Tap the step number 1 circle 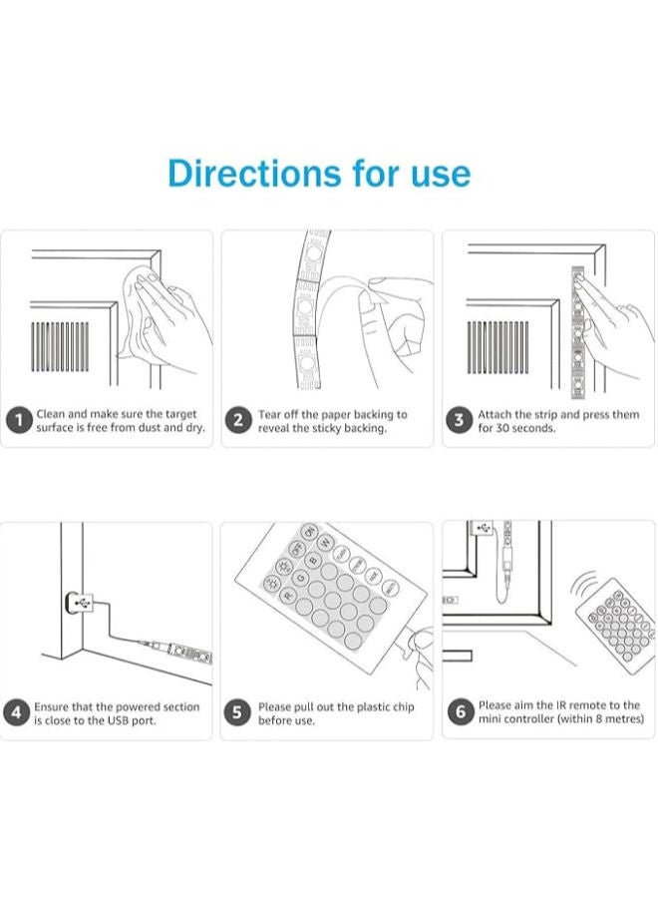pos(18,420)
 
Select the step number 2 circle pos(238,420)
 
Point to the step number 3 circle pos(459,420)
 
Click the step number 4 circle pos(18,712)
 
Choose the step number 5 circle pos(238,712)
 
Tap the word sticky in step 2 pos(328,428)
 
